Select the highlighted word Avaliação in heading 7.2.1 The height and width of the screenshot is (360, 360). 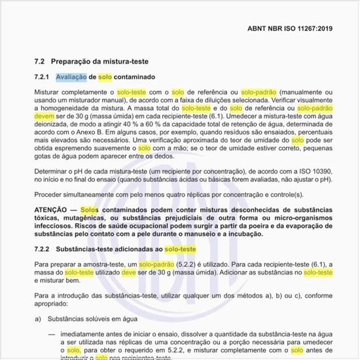point(71,77)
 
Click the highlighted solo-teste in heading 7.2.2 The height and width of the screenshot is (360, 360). point(180,249)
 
